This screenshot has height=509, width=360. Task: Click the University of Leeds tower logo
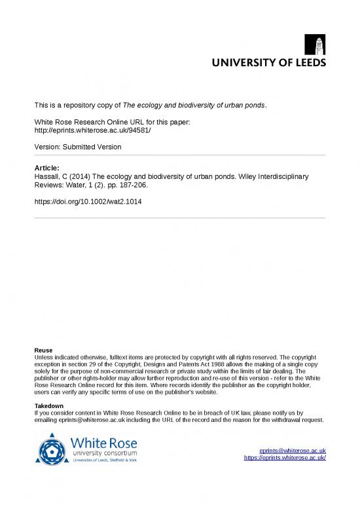[315, 45]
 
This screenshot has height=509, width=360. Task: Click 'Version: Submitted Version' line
[78, 147]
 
